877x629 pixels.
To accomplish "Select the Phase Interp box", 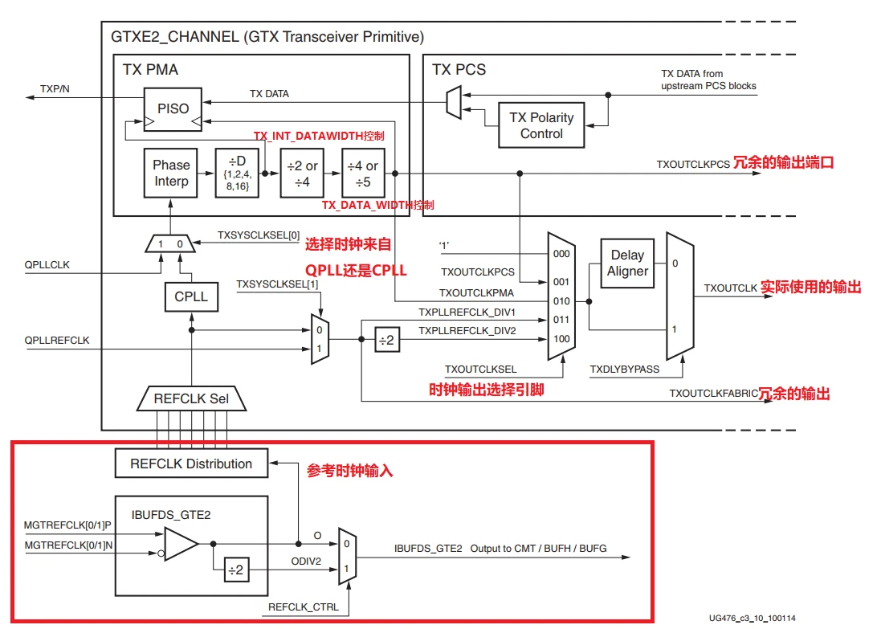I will pyautogui.click(x=171, y=173).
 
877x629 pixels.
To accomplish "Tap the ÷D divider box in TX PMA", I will pyautogui.click(x=238, y=172).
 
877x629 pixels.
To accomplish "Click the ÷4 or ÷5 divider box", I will pyautogui.click(x=362, y=173).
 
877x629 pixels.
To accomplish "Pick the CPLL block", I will pyautogui.click(x=191, y=296).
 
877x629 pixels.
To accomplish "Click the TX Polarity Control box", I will pyautogui.click(x=541, y=125).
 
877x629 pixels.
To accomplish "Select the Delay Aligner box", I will pyautogui.click(x=627, y=263).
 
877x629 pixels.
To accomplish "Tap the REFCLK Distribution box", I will pyautogui.click(x=191, y=464).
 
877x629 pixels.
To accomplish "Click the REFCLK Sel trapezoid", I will pyautogui.click(x=191, y=398).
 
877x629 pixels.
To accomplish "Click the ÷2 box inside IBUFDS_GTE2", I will pyautogui.click(x=236, y=571).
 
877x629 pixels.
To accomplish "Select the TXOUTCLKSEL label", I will pyautogui.click(x=480, y=370).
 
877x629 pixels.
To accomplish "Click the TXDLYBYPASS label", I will pyautogui.click(x=624, y=370).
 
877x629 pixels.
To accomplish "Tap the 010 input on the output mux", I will pyautogui.click(x=562, y=302).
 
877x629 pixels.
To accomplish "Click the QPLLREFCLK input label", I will pyautogui.click(x=57, y=341).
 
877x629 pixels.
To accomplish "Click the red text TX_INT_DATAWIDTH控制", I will pyautogui.click(x=319, y=136).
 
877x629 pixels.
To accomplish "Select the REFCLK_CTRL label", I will pyautogui.click(x=303, y=608).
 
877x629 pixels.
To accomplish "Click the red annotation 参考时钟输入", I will pyautogui.click(x=349, y=472).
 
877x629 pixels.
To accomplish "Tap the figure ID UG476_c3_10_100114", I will pyautogui.click(x=752, y=619).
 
